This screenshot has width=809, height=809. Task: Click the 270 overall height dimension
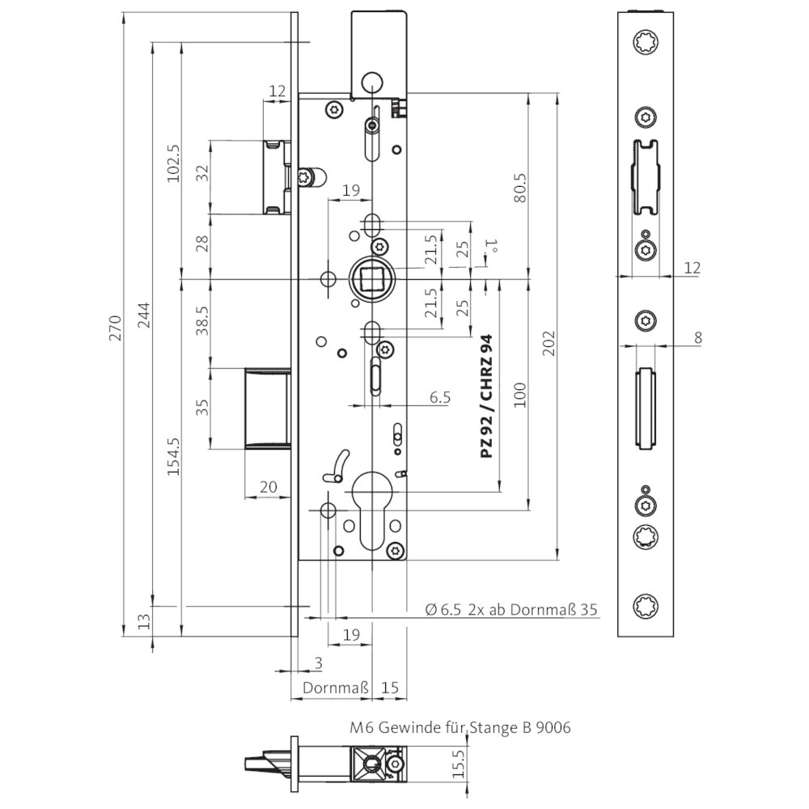tap(115, 328)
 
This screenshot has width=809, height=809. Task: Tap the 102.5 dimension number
tap(173, 163)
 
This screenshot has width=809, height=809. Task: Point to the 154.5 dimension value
tap(173, 456)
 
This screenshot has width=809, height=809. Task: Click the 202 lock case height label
tap(549, 343)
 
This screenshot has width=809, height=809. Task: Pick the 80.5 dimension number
tap(520, 188)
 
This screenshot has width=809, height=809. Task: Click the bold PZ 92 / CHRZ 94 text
tap(486, 396)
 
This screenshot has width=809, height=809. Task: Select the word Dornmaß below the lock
tap(336, 688)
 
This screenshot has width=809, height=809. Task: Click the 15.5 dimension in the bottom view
tap(458, 764)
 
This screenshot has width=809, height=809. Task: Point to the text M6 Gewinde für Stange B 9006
tap(460, 727)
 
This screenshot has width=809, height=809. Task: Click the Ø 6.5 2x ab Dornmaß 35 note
tap(511, 609)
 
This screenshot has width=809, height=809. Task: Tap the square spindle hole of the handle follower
tap(371, 279)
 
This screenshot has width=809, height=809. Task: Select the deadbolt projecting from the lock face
tap(267, 409)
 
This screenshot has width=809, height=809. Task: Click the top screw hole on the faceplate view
tap(646, 42)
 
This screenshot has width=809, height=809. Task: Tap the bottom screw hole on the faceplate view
tap(646, 606)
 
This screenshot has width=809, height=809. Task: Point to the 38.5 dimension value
tap(203, 321)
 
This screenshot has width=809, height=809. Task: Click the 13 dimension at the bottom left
tap(145, 621)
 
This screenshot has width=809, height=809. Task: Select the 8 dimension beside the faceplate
tap(698, 338)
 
